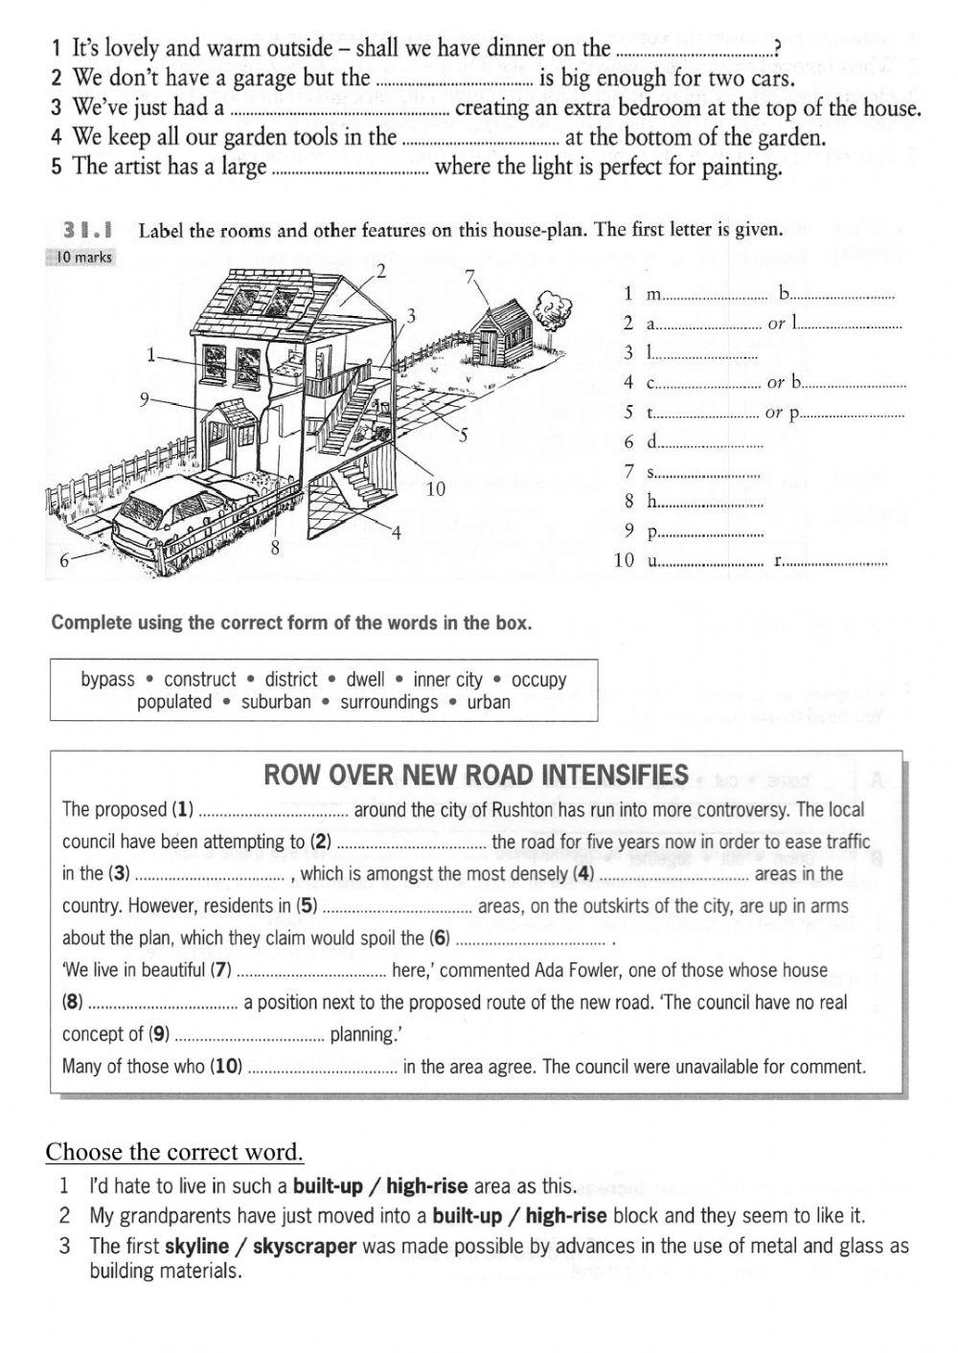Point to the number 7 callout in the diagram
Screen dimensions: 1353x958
click(x=468, y=277)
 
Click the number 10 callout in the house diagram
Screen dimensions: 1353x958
click(x=436, y=489)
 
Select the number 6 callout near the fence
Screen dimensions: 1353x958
click(x=64, y=561)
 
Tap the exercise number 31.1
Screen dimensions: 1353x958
click(x=88, y=230)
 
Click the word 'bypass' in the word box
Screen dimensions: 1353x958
click(x=107, y=679)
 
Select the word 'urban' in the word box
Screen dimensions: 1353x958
click(x=489, y=702)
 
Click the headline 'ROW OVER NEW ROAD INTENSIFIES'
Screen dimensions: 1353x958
click(x=476, y=775)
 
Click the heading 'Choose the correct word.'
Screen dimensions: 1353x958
click(x=174, y=1151)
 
